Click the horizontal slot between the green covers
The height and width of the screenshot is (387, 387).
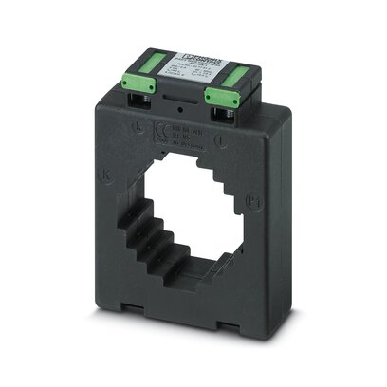[179, 98]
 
